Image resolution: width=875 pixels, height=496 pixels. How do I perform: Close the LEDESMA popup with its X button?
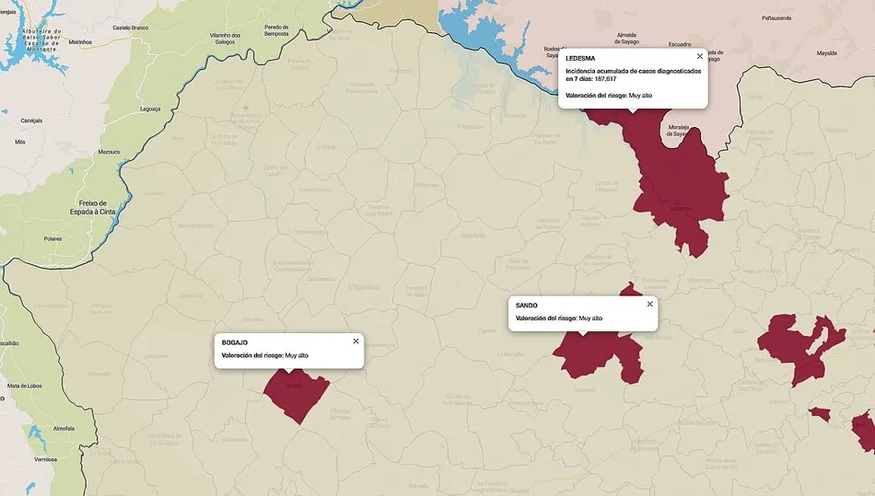[x=699, y=56]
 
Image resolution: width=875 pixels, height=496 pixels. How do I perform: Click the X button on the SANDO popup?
[x=649, y=304]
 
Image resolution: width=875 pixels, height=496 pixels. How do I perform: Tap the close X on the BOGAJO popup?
[x=356, y=341]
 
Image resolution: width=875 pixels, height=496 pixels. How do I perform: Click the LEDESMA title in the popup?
[x=580, y=58]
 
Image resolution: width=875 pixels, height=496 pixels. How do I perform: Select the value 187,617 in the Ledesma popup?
[x=605, y=79]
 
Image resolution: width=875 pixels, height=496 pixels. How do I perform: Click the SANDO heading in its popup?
[x=527, y=305]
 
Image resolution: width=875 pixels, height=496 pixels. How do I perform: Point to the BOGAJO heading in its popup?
[x=235, y=342]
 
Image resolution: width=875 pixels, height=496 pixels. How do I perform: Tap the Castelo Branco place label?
[x=130, y=28]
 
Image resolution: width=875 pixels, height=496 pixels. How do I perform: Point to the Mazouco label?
[x=110, y=152]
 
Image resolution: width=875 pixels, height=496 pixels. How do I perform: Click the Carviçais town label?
[x=32, y=121]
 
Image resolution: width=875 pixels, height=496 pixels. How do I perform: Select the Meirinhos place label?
[x=80, y=41]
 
